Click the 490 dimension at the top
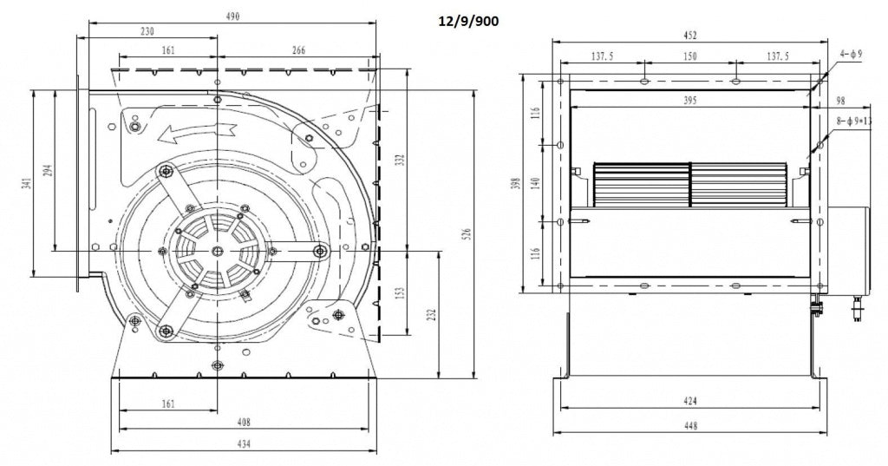(x=232, y=16)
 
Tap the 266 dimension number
(x=298, y=51)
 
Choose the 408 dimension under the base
(x=244, y=423)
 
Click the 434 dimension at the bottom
(x=244, y=445)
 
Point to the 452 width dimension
(x=690, y=36)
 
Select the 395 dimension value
(x=690, y=101)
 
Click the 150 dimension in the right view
(x=689, y=56)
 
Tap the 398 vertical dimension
(x=516, y=183)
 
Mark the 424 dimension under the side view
(x=690, y=402)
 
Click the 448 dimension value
(x=690, y=425)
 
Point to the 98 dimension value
(x=840, y=101)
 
